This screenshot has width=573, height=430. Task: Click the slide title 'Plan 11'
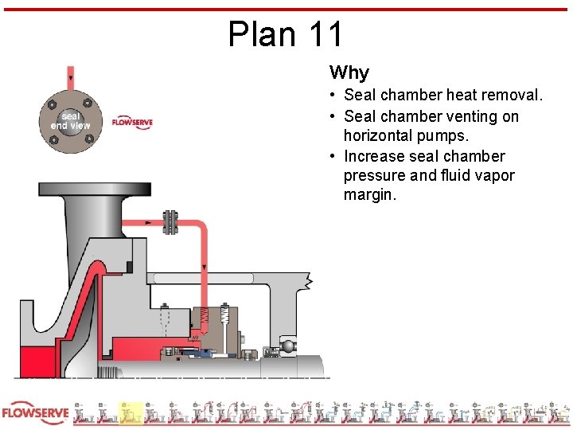click(286, 34)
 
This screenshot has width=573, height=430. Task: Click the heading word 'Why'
click(349, 73)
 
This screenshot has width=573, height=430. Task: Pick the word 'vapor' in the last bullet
click(495, 175)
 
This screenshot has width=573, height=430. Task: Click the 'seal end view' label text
click(70, 121)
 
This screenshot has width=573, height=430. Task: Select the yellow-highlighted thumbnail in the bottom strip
click(130, 414)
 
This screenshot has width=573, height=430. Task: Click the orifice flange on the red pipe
click(170, 222)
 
